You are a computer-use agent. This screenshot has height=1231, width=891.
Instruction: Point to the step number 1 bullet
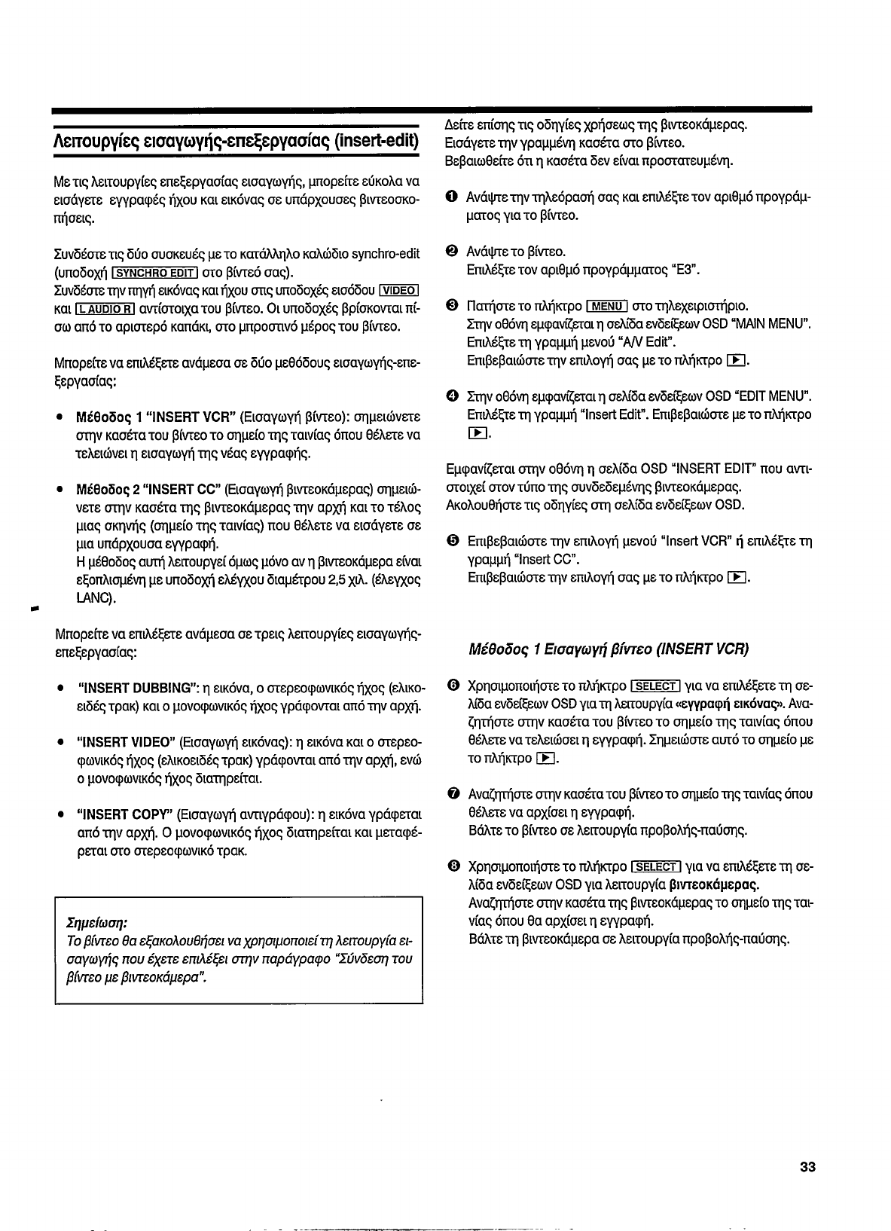pos(450,197)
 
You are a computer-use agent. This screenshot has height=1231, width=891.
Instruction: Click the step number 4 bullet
pos(450,396)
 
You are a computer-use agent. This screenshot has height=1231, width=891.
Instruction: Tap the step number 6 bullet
pos(450,686)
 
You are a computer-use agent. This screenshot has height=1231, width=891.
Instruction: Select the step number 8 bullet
pos(450,866)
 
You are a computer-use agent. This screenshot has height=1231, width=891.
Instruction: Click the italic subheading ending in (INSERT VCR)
pos(609,649)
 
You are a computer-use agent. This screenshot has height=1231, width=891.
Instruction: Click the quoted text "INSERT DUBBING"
pos(136,688)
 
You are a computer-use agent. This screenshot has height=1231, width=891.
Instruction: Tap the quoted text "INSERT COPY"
pos(124,814)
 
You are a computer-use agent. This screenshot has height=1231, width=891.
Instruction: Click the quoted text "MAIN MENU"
pos(765,324)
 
